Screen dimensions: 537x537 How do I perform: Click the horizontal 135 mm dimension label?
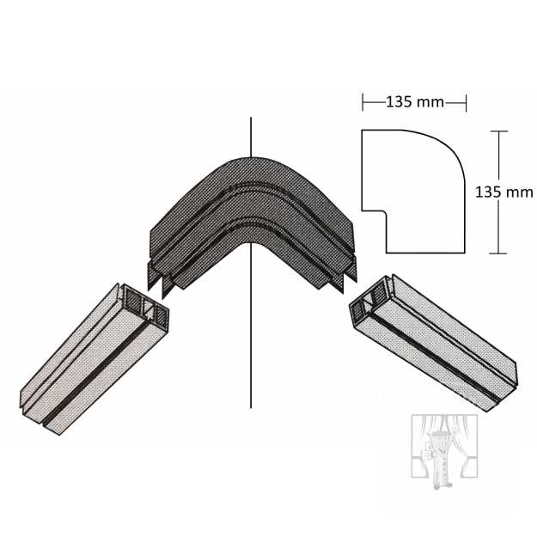[415, 102]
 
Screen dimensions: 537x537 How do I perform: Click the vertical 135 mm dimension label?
[503, 192]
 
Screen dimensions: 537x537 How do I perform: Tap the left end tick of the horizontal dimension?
[363, 102]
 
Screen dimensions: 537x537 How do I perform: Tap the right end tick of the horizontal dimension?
[466, 102]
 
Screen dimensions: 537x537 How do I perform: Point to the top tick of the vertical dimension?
[498, 131]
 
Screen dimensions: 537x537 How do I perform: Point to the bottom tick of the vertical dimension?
[498, 253]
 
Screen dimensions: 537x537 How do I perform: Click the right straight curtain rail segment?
[433, 343]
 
